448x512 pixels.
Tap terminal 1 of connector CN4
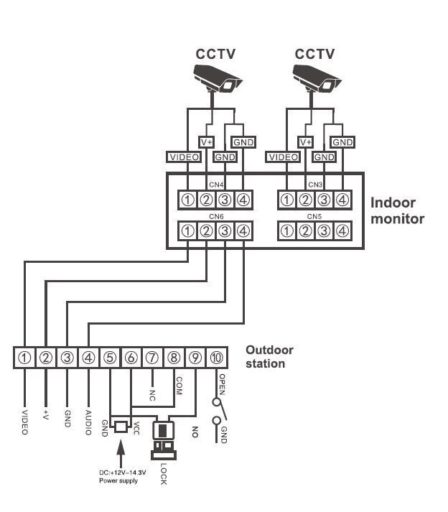pos(187,199)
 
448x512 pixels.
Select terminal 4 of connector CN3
pos(342,199)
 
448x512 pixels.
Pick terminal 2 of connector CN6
pos(206,231)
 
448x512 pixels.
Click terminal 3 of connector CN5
pos(324,231)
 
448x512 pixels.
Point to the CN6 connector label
pos(216,215)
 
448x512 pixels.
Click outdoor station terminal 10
pos(217,358)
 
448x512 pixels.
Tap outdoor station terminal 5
pos(109,358)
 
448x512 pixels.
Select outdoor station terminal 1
pos(24,358)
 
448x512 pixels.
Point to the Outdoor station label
pos(270,357)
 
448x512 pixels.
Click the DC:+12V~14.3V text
pos(122,472)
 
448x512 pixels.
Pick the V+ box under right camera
pos(307,142)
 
